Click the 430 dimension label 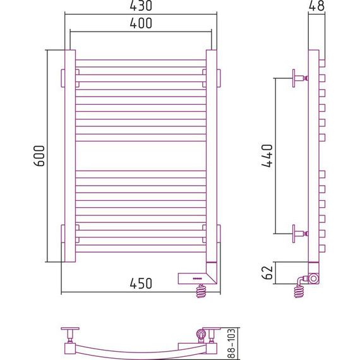click(x=141, y=6)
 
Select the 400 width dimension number click(x=141, y=23)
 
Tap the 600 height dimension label click(x=39, y=155)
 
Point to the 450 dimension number click(x=141, y=284)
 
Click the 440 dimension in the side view click(x=267, y=155)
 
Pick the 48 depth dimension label click(x=316, y=6)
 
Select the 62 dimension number click(x=267, y=273)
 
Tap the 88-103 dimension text click(x=231, y=344)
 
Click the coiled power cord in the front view click(x=201, y=291)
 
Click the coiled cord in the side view click(x=299, y=291)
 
